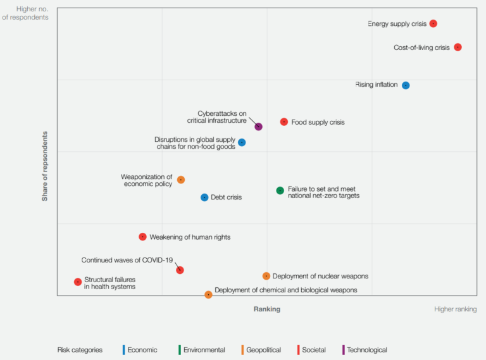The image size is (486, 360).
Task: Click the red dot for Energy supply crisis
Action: point(433,23)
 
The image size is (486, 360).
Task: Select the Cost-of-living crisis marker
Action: point(458,47)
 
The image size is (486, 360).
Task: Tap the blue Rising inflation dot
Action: point(406,85)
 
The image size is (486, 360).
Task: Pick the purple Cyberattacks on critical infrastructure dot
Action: point(258,127)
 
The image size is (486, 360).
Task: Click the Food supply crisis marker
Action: point(284,121)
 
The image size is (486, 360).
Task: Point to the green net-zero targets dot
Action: point(280,190)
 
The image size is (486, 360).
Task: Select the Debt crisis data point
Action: point(204,197)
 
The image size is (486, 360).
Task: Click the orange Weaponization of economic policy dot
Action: point(181,180)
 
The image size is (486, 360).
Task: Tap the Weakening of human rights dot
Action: point(142,237)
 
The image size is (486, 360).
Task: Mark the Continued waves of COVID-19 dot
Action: point(180,270)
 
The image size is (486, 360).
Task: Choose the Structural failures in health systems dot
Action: point(78,282)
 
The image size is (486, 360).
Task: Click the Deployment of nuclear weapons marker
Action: point(266,276)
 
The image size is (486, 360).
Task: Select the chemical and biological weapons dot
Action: point(208,294)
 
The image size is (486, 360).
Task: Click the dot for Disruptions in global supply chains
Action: point(242,142)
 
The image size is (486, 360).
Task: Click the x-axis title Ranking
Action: point(266,309)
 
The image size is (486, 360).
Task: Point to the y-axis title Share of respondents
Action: point(45,166)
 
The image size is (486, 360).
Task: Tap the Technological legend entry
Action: point(366,350)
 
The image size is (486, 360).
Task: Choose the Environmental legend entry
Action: point(202,350)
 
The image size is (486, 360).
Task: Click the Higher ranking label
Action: point(455,309)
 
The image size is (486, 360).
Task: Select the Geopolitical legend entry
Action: point(263,350)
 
